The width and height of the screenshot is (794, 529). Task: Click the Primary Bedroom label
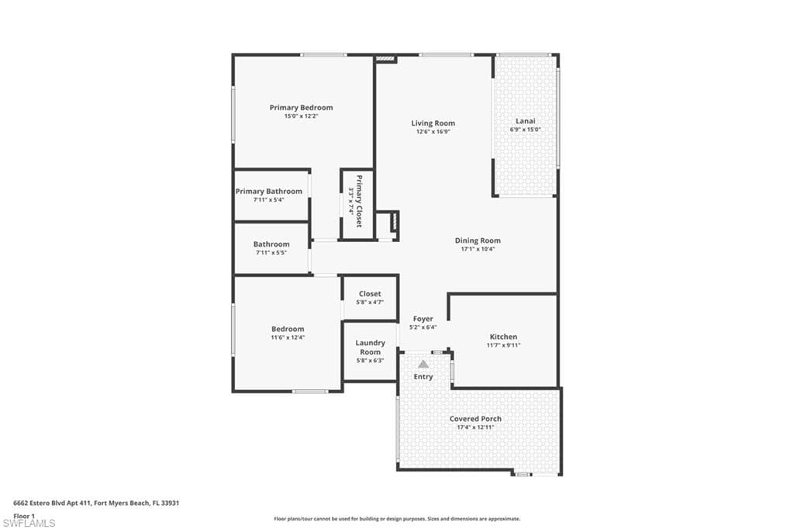[x=301, y=108]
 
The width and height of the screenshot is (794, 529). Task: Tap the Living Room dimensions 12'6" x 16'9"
[x=433, y=132]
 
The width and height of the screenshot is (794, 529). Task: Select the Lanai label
[x=525, y=121]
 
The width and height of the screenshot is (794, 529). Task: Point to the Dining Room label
[x=478, y=240]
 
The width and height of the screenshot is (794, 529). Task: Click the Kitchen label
[x=503, y=337]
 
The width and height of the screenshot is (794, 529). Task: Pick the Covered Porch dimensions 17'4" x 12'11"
[x=475, y=427]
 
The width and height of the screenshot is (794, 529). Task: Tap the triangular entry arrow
[x=423, y=363]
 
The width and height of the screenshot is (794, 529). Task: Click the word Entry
[x=423, y=377]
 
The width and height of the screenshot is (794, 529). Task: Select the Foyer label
[x=423, y=319]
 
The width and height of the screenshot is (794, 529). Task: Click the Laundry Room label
[x=370, y=347]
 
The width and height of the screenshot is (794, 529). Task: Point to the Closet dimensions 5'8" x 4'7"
[x=370, y=303]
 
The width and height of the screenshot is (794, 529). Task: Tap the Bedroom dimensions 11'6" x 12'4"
[x=288, y=337]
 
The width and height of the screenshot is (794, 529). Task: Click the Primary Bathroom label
[x=269, y=192]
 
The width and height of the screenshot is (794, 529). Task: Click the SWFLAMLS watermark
[x=29, y=523]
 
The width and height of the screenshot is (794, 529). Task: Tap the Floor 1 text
[x=25, y=516]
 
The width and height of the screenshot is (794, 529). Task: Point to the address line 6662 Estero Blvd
[x=96, y=503]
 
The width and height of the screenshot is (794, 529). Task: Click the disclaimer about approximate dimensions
[x=395, y=519]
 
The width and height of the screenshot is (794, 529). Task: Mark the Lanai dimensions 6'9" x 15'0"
[x=525, y=130]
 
